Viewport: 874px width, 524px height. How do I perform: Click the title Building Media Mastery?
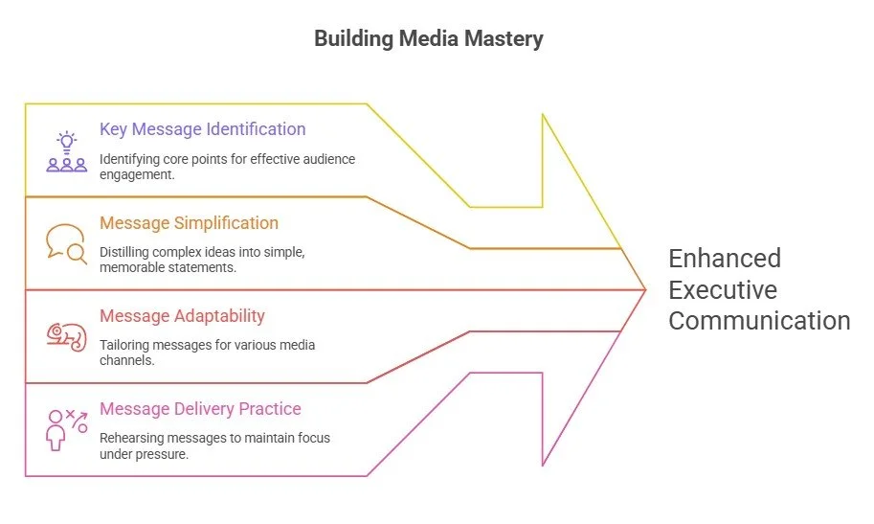(x=429, y=39)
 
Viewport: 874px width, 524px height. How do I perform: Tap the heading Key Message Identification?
(x=202, y=129)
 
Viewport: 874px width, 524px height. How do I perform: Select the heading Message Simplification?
(x=189, y=223)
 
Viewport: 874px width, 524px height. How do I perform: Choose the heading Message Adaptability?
(x=182, y=316)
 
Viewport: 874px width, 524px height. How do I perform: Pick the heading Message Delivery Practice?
(x=200, y=409)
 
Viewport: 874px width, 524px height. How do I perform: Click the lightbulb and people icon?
(x=66, y=152)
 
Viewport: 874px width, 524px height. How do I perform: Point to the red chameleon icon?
(x=66, y=335)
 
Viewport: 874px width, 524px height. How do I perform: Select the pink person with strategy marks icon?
(x=66, y=428)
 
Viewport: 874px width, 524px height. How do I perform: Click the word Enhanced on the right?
(x=725, y=259)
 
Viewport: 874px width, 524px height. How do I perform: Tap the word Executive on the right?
(x=723, y=289)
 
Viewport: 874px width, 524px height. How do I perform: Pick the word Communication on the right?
(x=759, y=320)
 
